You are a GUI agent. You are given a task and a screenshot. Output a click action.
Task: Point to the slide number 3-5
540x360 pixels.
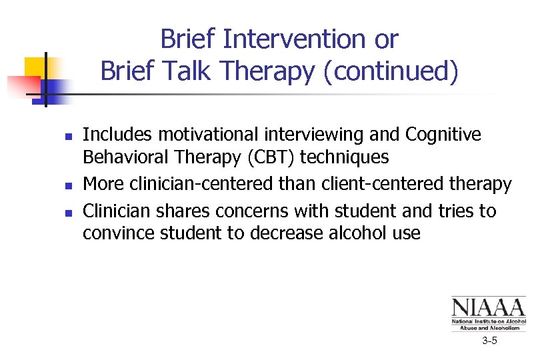489,341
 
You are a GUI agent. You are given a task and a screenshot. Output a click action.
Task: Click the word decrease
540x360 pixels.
286,233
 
